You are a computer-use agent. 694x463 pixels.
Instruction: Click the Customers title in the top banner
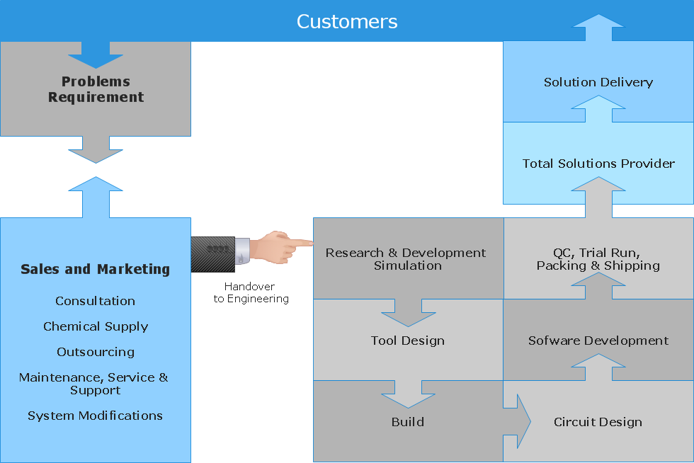(x=347, y=21)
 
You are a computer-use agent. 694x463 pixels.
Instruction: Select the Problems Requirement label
(x=96, y=90)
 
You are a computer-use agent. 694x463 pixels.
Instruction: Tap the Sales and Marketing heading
(x=95, y=269)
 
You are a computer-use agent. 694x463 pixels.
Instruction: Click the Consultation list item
(x=95, y=301)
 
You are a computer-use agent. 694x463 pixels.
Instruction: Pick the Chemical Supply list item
(x=96, y=326)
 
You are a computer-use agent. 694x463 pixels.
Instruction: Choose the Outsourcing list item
(x=96, y=352)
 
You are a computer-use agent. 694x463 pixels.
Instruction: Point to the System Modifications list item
(x=95, y=416)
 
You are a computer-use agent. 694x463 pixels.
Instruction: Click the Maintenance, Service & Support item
(x=94, y=384)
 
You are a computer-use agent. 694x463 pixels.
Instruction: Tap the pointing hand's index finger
(x=301, y=244)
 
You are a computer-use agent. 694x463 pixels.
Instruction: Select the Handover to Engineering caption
(x=251, y=292)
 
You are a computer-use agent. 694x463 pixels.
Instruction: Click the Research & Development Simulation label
(x=406, y=259)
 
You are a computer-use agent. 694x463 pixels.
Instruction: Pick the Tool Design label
(x=408, y=341)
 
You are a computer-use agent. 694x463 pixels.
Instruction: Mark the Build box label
(x=408, y=422)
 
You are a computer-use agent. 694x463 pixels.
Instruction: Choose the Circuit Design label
(x=598, y=422)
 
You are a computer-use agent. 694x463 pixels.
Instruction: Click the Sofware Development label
(x=598, y=341)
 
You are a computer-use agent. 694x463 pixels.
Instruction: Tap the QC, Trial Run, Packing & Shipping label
(x=598, y=259)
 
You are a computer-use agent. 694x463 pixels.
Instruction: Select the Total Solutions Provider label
(x=598, y=164)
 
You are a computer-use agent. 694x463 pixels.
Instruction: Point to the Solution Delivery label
(x=598, y=82)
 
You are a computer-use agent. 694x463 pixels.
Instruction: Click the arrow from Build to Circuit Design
(x=520, y=422)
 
